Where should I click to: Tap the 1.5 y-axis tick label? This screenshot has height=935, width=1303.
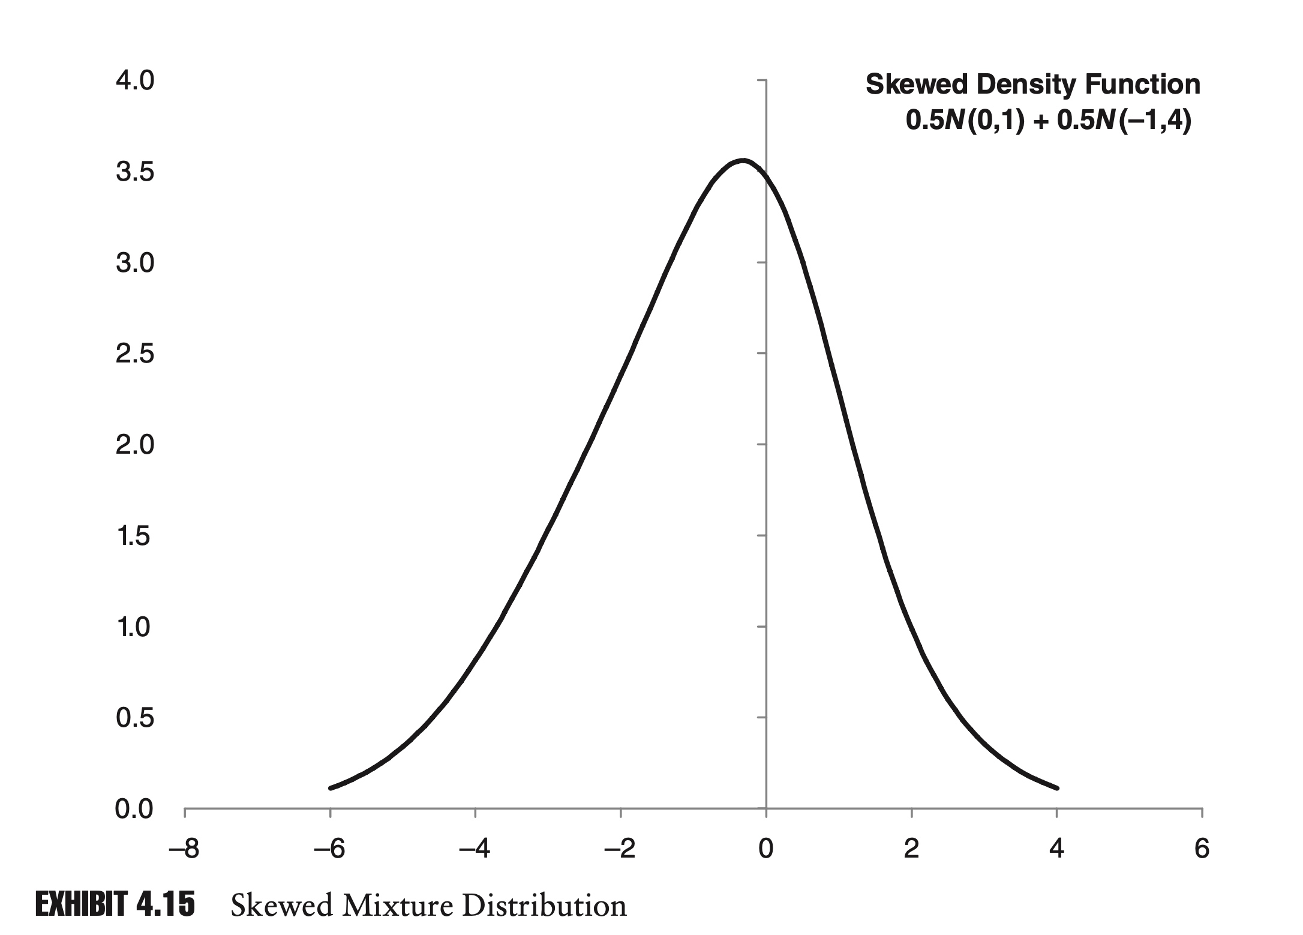(134, 536)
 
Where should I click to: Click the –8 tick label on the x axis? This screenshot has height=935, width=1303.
(185, 849)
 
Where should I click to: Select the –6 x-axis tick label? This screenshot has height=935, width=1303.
(330, 849)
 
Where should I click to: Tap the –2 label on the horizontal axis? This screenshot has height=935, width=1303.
(620, 849)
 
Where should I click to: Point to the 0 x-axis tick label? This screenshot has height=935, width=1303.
(766, 849)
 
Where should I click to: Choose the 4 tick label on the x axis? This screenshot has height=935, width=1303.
(1056, 849)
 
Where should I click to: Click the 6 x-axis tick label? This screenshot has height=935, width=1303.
(1202, 849)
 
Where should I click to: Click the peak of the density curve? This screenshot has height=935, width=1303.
(743, 161)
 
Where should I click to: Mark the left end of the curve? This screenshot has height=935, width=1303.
(331, 788)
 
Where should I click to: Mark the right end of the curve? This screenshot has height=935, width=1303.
(1057, 788)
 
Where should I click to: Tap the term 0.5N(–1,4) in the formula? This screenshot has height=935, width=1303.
(1124, 121)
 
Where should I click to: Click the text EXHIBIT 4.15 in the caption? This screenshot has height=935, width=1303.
(115, 904)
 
